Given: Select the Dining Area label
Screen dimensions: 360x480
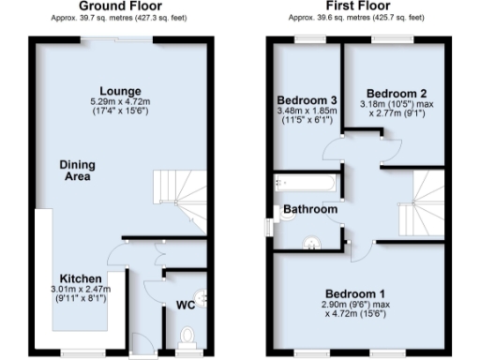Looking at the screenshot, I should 77,170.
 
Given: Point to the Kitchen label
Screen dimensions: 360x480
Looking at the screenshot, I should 82,279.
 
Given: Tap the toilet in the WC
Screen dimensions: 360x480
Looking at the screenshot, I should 185,334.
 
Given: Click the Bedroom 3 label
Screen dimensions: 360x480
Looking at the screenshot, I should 307,101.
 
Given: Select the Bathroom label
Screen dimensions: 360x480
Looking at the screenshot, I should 310,209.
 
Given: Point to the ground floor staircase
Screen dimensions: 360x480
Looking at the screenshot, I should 175,187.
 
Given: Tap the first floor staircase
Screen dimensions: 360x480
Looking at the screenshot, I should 418,202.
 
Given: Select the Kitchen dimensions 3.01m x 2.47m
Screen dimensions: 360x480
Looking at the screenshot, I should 82,291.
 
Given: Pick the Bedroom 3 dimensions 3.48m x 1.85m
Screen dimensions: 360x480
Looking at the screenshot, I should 307,112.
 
